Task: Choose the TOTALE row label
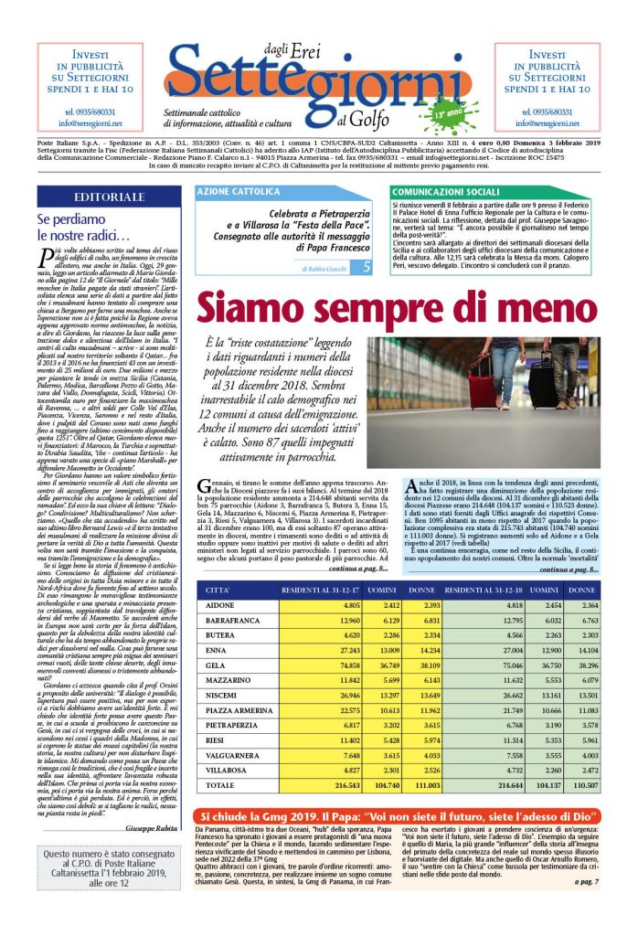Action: point(224,785)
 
